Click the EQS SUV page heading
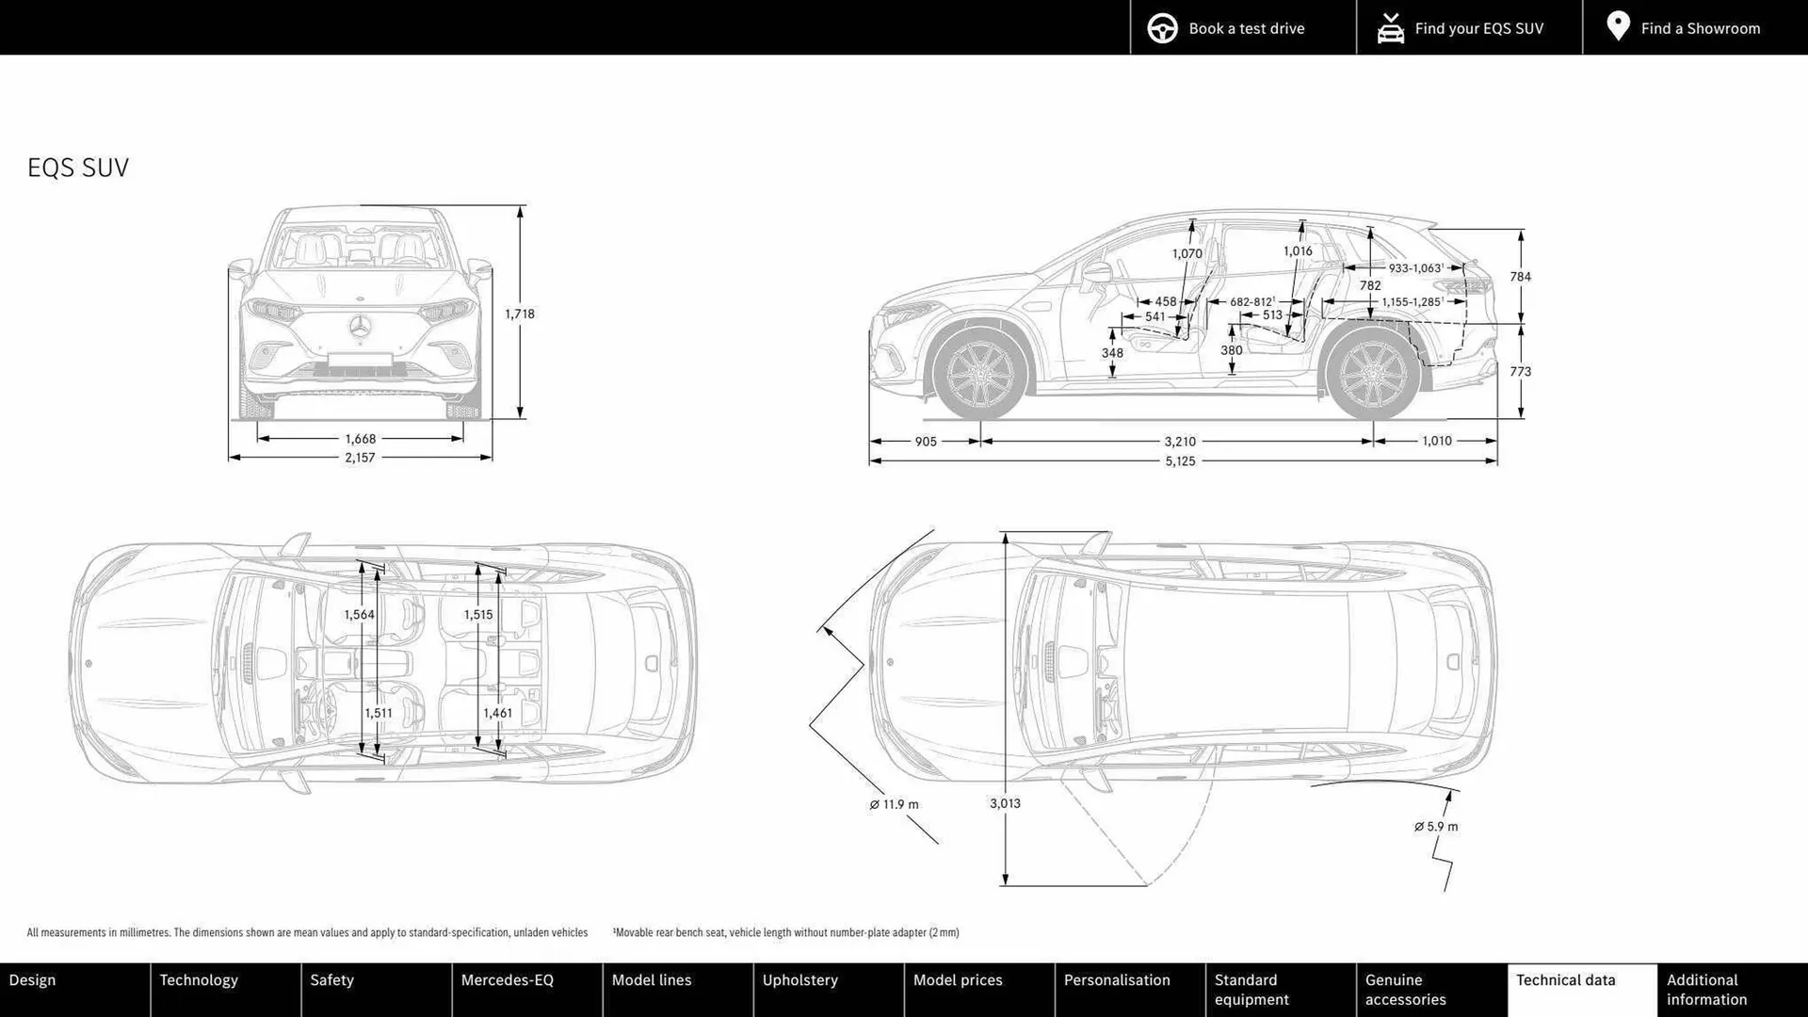tap(78, 168)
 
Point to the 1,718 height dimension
tap(519, 314)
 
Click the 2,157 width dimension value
tap(360, 458)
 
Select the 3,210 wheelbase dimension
tap(1179, 441)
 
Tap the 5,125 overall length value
tap(1179, 461)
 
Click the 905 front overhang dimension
tap(925, 441)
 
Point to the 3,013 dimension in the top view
tap(1005, 803)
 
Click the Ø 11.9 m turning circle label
tap(894, 804)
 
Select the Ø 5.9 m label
tap(1436, 827)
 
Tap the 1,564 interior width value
tap(359, 614)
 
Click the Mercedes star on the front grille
tap(360, 328)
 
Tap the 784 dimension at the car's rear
tap(1520, 277)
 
